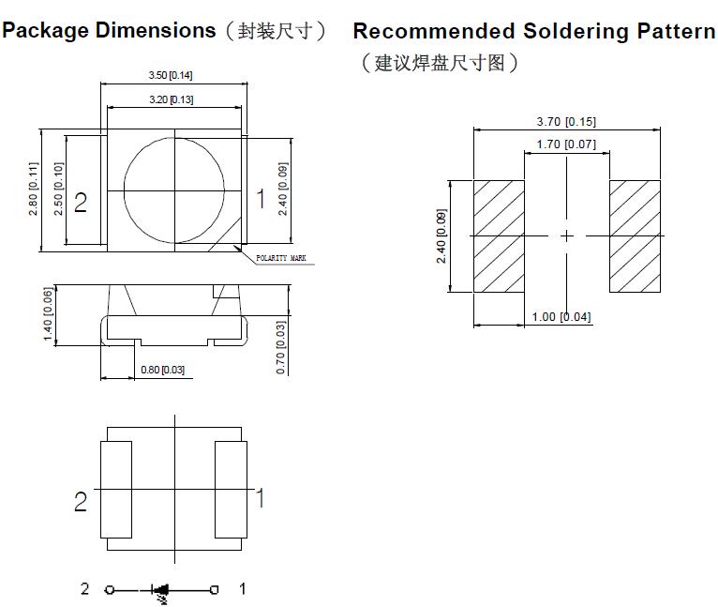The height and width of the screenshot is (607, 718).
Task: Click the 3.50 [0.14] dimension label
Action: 171,75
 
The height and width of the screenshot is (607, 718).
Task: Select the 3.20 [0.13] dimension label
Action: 171,99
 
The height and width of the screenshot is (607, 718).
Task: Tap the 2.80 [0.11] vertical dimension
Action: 35,190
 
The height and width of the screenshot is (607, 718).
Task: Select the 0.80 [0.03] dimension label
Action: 162,370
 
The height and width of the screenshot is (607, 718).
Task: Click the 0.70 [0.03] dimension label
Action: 281,347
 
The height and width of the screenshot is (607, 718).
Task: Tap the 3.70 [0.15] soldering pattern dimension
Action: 565,122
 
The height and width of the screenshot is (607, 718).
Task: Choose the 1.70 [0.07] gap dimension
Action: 565,144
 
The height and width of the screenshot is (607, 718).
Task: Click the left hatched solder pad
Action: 498,235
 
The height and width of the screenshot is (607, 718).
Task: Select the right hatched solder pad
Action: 636,235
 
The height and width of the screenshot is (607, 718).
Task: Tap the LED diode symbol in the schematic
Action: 161,590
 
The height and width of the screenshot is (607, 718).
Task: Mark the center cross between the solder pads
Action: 566,236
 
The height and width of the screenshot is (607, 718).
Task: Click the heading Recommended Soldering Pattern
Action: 533,31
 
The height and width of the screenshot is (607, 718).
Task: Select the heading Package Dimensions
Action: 110,30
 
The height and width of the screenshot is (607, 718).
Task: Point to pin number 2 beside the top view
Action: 81,202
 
